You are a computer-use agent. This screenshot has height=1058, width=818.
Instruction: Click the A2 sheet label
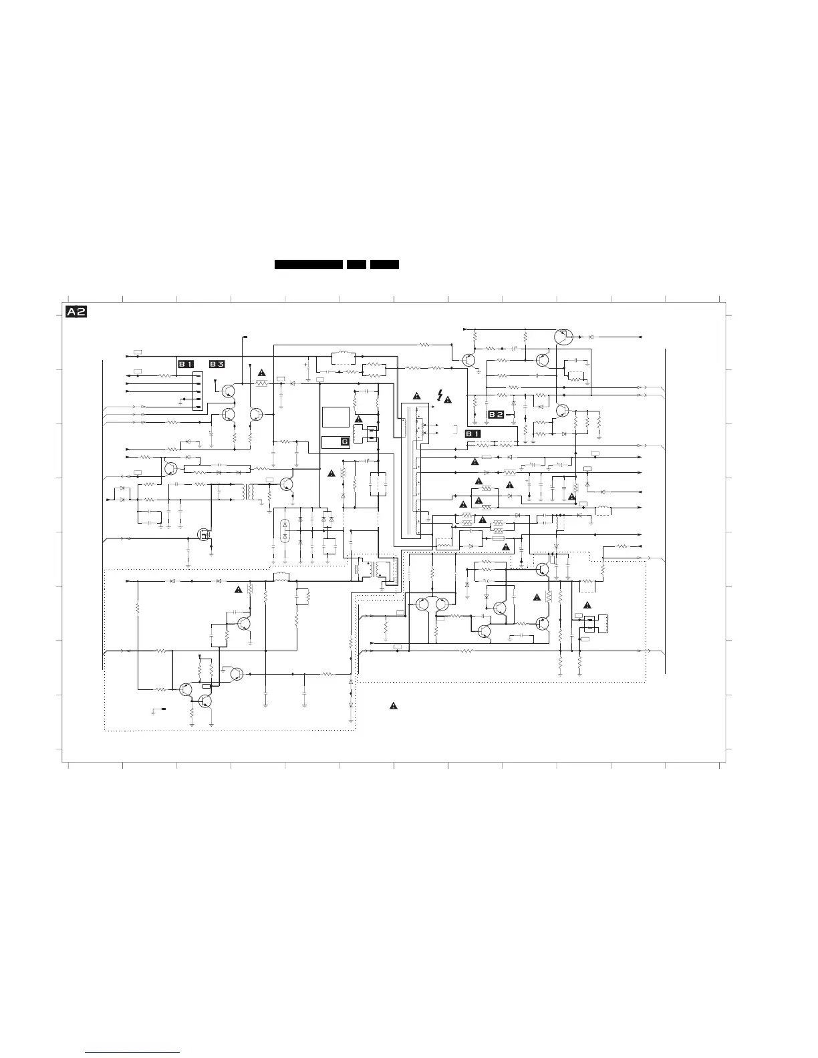[x=76, y=312]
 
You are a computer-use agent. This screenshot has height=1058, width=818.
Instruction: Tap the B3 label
[x=217, y=364]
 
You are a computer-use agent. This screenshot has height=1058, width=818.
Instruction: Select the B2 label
[x=496, y=415]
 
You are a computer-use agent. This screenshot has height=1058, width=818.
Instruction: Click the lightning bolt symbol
[x=439, y=395]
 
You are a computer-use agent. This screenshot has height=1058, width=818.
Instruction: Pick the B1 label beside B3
[x=185, y=364]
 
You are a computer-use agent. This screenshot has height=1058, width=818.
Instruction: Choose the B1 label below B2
[x=472, y=434]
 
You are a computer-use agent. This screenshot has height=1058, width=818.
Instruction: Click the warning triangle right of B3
[x=261, y=372]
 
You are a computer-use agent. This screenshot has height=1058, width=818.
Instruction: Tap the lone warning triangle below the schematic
[x=394, y=705]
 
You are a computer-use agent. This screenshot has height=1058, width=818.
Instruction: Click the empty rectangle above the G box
[x=335, y=417]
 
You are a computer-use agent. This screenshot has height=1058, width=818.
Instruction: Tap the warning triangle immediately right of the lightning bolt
[x=448, y=399]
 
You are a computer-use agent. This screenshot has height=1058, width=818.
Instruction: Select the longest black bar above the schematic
[x=309, y=264]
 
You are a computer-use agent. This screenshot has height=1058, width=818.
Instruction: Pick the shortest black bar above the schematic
[x=356, y=264]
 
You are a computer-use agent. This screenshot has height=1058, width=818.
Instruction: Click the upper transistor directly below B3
[x=229, y=391]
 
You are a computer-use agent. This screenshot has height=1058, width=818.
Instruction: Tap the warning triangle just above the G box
[x=358, y=419]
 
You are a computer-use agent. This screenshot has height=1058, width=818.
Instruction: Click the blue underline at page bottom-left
[x=132, y=1053]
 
